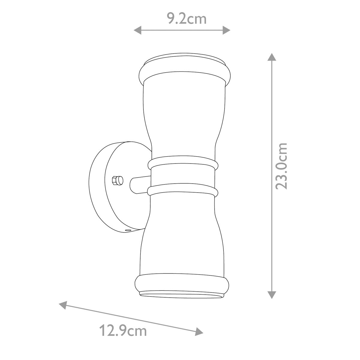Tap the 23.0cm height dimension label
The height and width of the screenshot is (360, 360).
click(281, 166)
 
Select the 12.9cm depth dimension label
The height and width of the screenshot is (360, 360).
click(123, 331)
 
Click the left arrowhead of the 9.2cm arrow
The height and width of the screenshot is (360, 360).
click(137, 30)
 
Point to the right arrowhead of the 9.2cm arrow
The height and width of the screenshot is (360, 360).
click(226, 30)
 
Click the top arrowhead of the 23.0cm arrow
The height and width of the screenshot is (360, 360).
click(271, 57)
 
